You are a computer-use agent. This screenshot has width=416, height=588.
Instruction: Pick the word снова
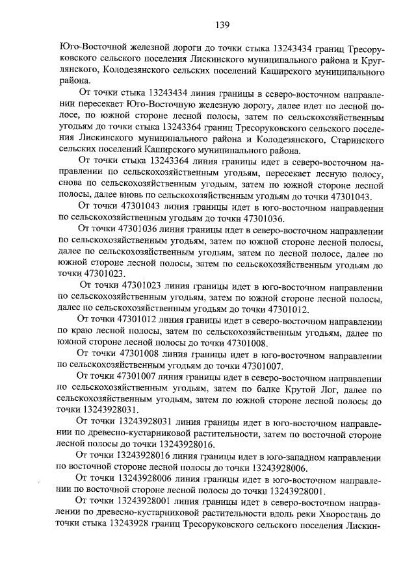click(70, 184)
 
